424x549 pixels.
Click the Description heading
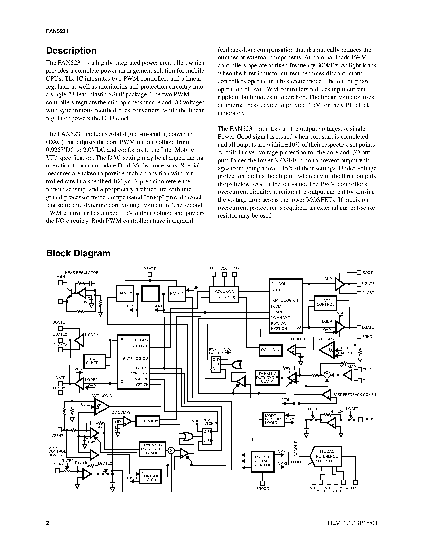[71, 51]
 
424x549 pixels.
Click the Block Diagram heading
[78, 253]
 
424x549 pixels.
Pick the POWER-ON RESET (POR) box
[224, 294]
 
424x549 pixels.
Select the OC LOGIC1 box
[271, 350]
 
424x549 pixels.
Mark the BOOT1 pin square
[359, 273]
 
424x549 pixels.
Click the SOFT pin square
[355, 482]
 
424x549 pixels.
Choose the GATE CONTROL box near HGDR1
[325, 303]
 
